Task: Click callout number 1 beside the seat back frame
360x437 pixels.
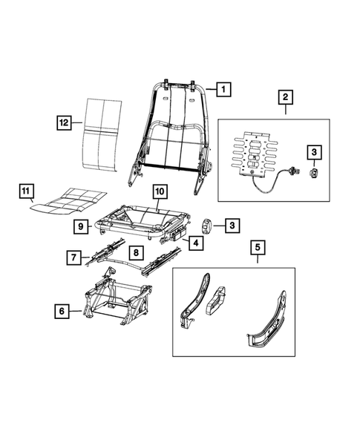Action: click(x=223, y=90)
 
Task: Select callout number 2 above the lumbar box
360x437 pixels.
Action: click(x=286, y=97)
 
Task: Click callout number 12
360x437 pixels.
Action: click(x=65, y=119)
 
